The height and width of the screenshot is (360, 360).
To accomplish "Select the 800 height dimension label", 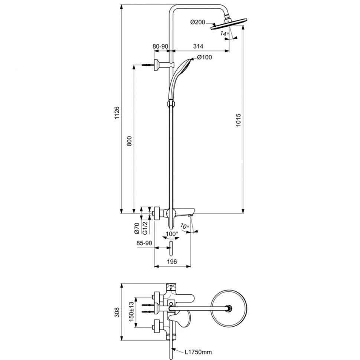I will pos(129,141).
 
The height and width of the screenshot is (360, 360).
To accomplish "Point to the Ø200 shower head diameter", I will pos(198,23).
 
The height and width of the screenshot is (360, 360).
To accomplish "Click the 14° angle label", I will pos(223,34).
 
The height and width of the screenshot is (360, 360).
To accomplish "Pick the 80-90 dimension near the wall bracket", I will pos(160,46).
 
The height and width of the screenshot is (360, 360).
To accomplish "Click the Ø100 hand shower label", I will pos(204,57).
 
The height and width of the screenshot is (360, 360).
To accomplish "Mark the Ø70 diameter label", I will pos(137,228).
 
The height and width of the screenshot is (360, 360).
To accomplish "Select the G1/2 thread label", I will pos(145,227).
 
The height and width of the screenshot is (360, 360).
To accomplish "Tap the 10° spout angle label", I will pos(184,226).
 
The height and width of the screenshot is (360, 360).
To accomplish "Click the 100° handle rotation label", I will pos(171,234).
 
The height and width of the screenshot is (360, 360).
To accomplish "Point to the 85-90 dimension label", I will pos(144,243).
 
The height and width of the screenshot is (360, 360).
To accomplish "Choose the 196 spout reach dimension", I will pos(171,262).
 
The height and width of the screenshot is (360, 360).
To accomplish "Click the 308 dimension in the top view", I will pos(117,312).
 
